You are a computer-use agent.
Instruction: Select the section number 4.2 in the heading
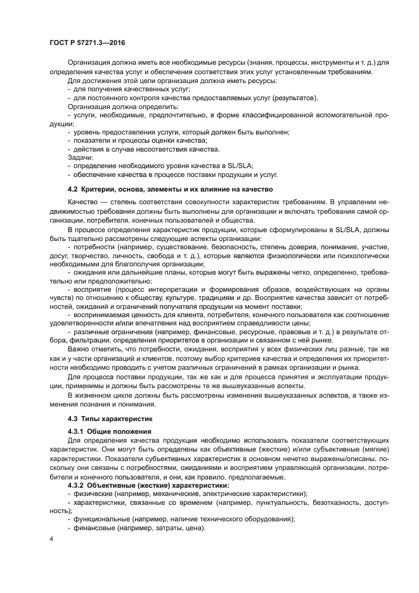pyautogui.click(x=72, y=190)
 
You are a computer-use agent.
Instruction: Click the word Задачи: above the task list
pyautogui.click(x=80, y=156)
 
